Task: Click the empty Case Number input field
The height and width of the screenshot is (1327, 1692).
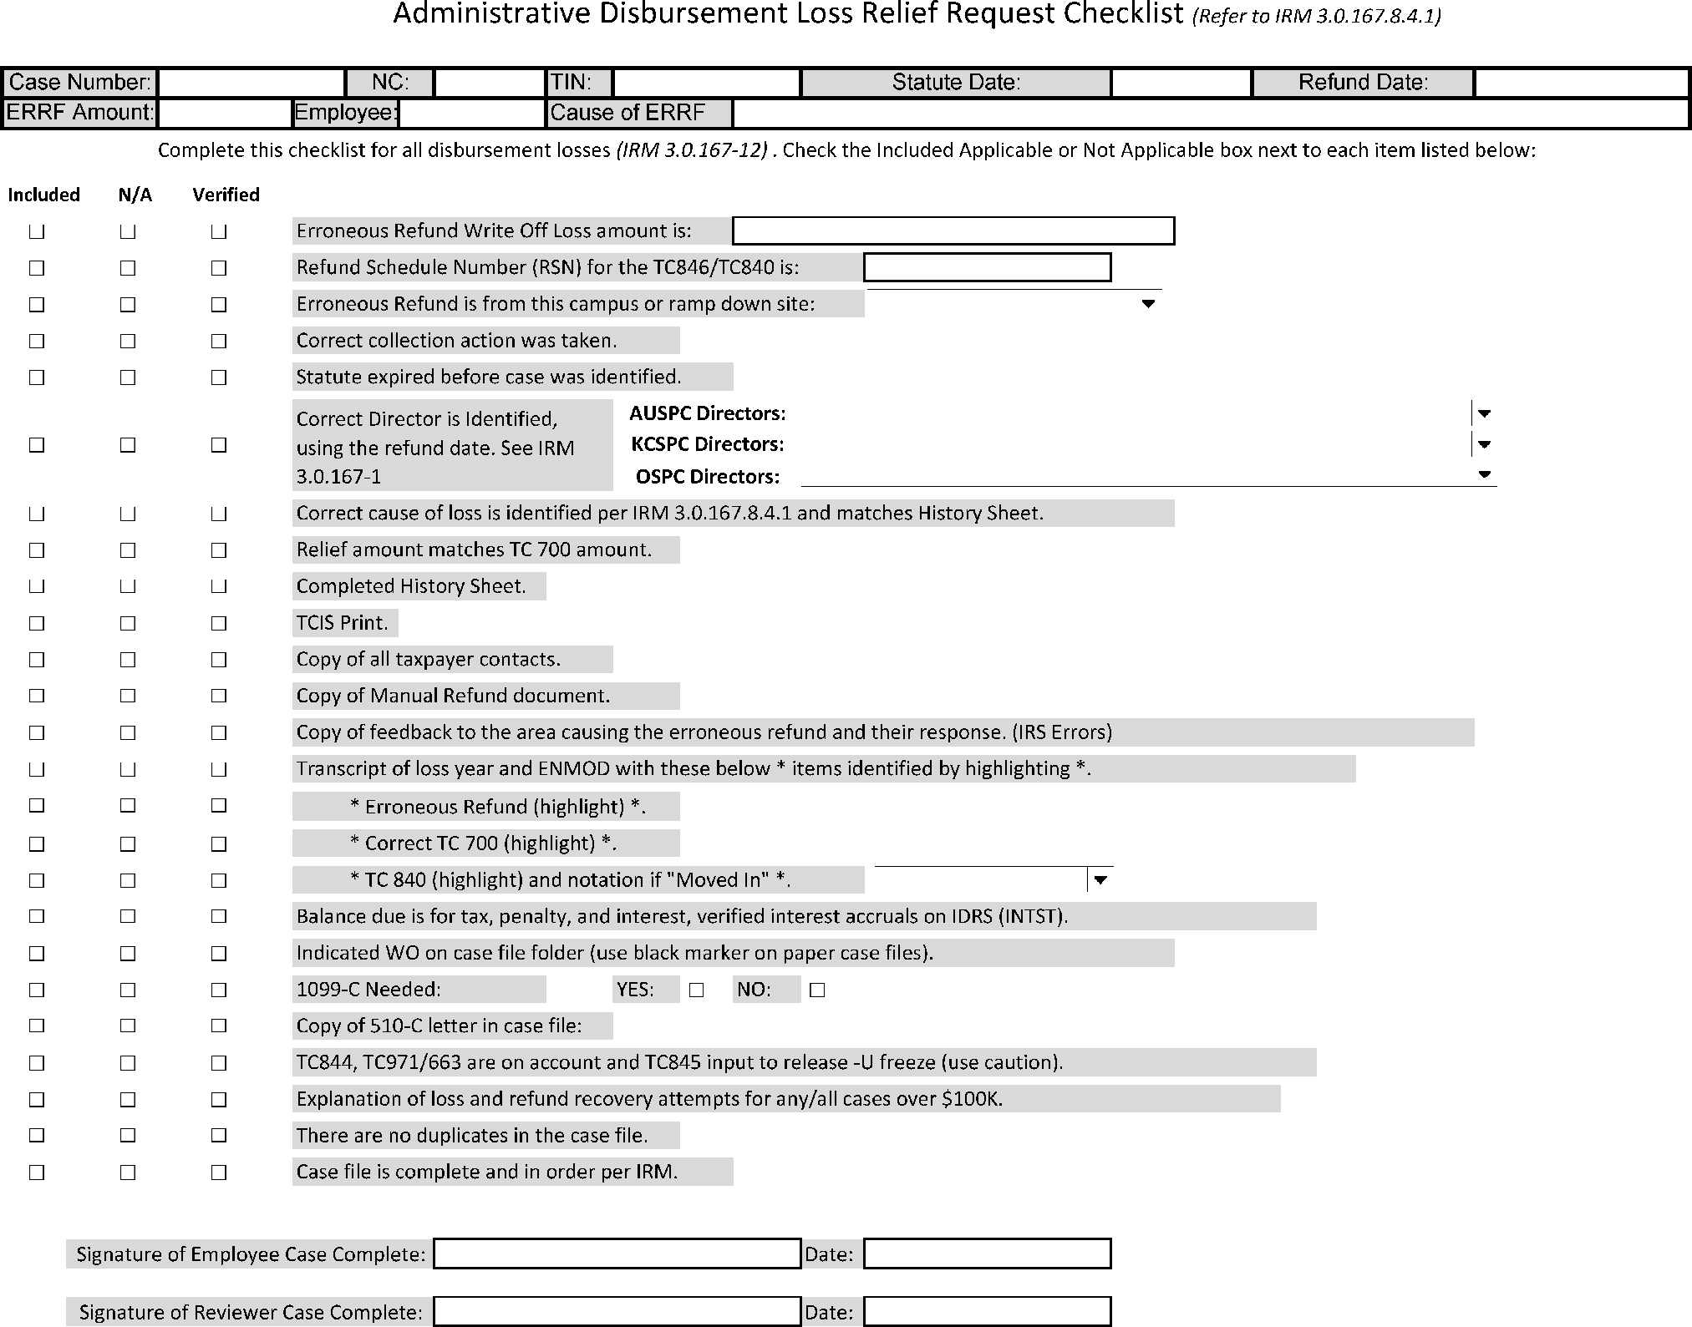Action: tap(251, 83)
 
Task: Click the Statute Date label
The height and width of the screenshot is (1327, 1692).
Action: tap(956, 83)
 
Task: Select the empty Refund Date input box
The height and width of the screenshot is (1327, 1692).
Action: tap(1581, 83)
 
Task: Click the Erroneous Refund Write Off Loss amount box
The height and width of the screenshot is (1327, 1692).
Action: tap(953, 230)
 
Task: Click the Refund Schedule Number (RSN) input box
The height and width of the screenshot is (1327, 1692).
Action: tap(987, 267)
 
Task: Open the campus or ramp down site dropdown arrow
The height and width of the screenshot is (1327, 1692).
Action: tap(1148, 304)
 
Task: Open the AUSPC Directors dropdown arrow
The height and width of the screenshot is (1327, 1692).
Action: tap(1484, 413)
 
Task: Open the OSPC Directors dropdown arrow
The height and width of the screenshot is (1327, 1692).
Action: tap(1484, 475)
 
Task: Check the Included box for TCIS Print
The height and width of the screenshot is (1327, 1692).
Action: tap(37, 623)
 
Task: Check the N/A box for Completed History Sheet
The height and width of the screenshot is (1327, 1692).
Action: tap(128, 586)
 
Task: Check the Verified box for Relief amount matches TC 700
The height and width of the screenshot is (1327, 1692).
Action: tap(219, 550)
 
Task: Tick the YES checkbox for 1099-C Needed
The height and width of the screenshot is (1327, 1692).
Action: tap(696, 990)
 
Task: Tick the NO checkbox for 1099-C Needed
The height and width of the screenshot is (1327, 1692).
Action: tap(817, 990)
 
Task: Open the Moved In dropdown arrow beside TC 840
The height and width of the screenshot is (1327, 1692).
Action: tap(1100, 879)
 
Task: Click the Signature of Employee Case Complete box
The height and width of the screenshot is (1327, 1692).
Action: tap(617, 1254)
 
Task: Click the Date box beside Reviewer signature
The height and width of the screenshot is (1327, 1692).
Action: tap(987, 1311)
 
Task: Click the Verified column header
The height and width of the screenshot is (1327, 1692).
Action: tap(226, 195)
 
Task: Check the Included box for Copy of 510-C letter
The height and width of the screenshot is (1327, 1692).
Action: tap(37, 1026)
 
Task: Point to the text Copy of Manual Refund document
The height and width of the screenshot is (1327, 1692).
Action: tap(453, 696)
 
